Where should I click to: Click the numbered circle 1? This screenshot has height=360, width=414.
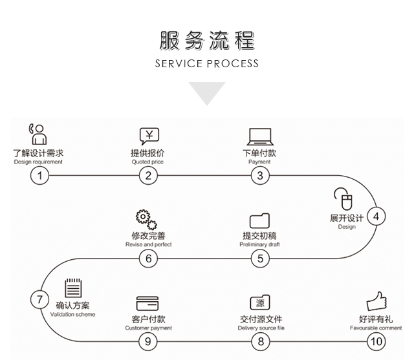[x=39, y=175]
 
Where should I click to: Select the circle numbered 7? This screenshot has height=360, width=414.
[x=39, y=299]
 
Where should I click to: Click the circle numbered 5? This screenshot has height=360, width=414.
[x=260, y=258]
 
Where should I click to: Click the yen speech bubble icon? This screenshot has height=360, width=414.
[x=149, y=135]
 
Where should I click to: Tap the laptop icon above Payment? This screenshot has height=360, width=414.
[x=259, y=136]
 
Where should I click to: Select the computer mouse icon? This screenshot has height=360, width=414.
[x=343, y=198]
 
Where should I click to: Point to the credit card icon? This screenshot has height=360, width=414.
[x=147, y=302]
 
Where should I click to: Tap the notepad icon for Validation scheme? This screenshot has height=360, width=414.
[x=73, y=288]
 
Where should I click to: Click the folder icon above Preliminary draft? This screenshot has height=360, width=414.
[x=259, y=220]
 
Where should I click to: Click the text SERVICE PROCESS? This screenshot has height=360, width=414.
[x=206, y=63]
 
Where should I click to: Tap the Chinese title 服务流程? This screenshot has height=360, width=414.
[x=206, y=40]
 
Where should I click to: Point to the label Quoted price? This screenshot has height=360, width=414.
[x=148, y=162]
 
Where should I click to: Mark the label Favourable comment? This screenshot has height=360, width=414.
[x=376, y=328]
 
